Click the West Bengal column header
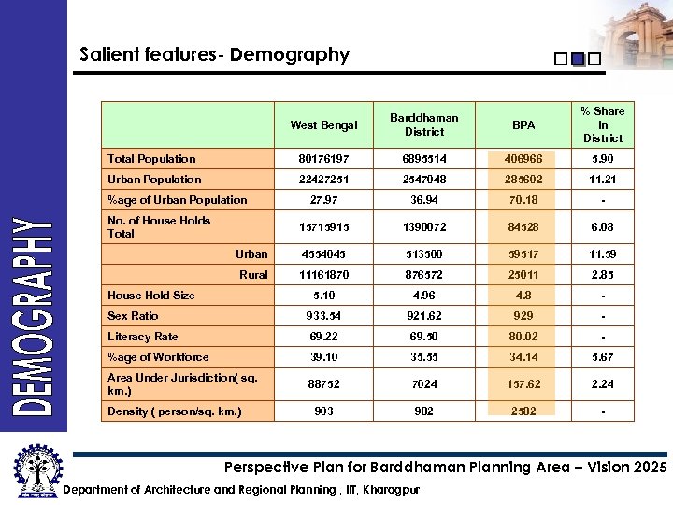(323, 125)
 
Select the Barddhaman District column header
(423, 124)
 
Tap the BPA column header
(523, 125)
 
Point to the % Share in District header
(603, 124)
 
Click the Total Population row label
(151, 159)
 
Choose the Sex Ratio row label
(133, 316)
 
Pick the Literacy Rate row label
(142, 337)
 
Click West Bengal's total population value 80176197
(323, 159)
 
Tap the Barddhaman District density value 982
(423, 411)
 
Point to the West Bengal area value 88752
(323, 384)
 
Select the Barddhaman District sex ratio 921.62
(423, 316)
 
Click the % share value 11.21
(603, 180)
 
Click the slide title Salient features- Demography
(214, 55)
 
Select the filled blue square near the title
(577, 59)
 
